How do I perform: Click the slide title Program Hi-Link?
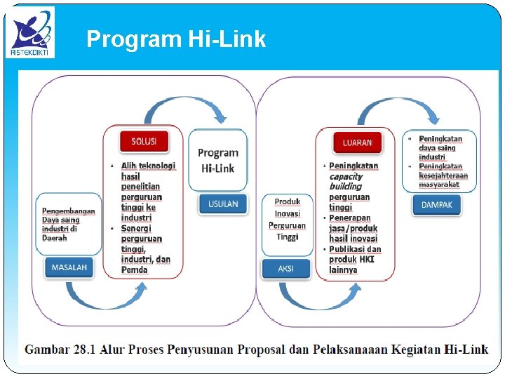coord(176,39)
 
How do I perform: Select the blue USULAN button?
coord(222,204)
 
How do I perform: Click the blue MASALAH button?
coord(69,267)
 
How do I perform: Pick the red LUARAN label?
coord(357,142)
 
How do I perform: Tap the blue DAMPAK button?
coord(437,205)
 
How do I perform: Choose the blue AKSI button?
coord(285,269)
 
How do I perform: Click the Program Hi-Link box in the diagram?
coord(218,160)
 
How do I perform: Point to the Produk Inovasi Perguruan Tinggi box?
coord(287,219)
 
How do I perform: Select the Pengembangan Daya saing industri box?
coord(69,224)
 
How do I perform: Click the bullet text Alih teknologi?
coord(148,166)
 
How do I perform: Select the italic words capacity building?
coord(346,181)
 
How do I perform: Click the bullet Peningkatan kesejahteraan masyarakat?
coord(443,175)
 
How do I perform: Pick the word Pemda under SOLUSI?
coord(135,270)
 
